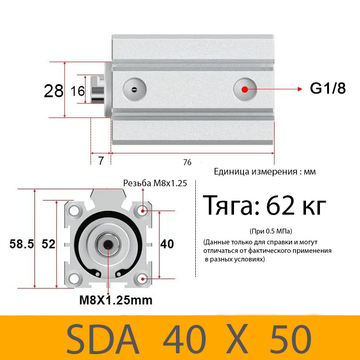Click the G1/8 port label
(x=328, y=89)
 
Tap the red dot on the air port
(x=244, y=89)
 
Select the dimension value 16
(x=78, y=91)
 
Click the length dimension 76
(x=188, y=162)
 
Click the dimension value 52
(x=48, y=244)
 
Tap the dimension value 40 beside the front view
(x=167, y=244)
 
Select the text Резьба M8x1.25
(x=155, y=183)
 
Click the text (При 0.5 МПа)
(x=270, y=231)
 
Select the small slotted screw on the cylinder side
(x=134, y=89)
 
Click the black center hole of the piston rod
(x=108, y=244)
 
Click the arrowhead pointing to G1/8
(x=299, y=89)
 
